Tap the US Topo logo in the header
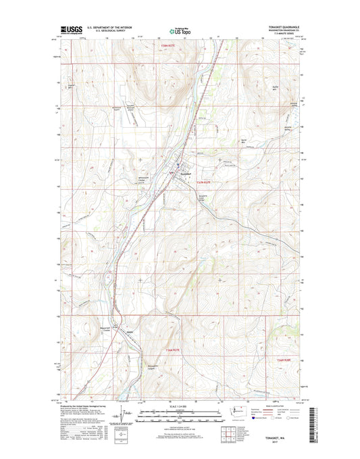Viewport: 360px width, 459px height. tap(179, 30)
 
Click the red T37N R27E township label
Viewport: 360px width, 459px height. tap(203, 183)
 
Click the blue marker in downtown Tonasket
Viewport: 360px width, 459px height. tap(178, 164)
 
